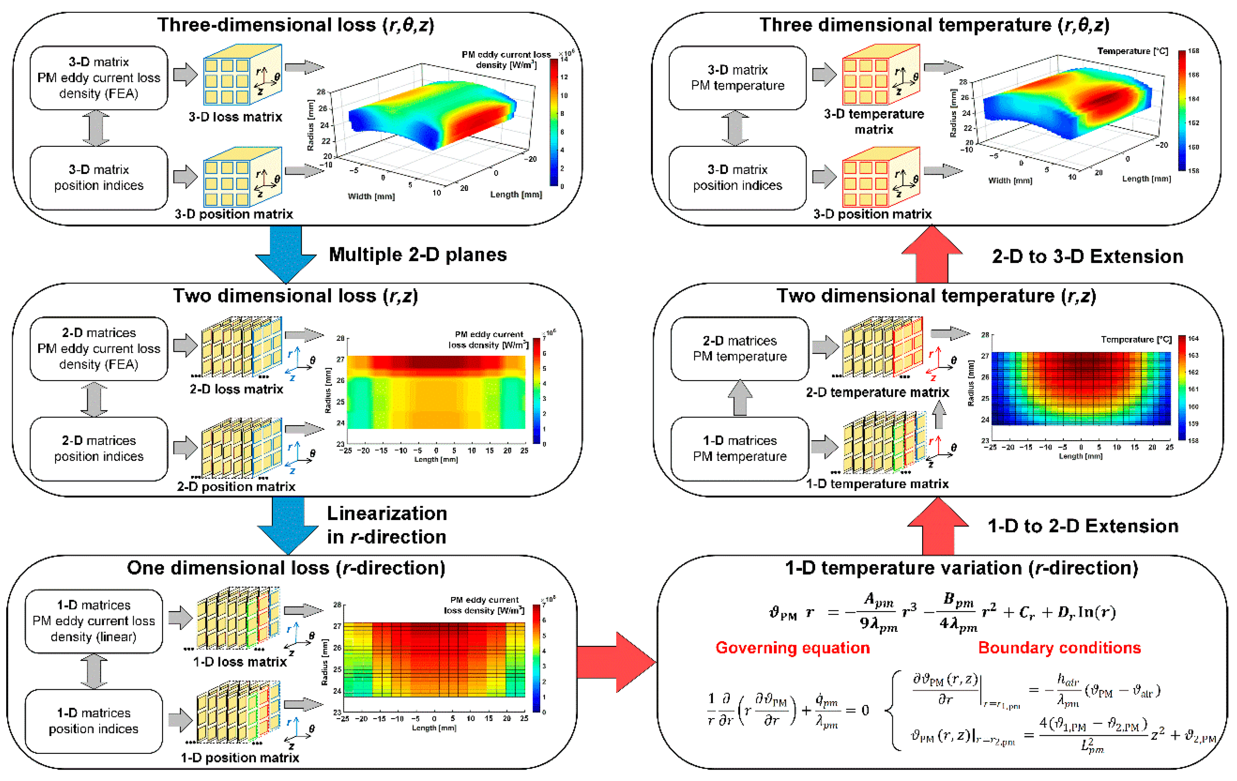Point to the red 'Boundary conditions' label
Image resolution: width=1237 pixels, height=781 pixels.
coord(1059,648)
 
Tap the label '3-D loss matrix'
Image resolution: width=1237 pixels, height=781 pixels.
coord(235,117)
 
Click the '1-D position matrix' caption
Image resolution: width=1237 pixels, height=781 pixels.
coord(240,757)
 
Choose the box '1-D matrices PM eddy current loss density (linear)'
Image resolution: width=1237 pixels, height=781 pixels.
coord(94,621)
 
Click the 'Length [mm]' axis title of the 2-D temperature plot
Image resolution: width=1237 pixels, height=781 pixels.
coord(1080,456)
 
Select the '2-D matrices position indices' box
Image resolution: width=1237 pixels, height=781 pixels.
coord(99,448)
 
